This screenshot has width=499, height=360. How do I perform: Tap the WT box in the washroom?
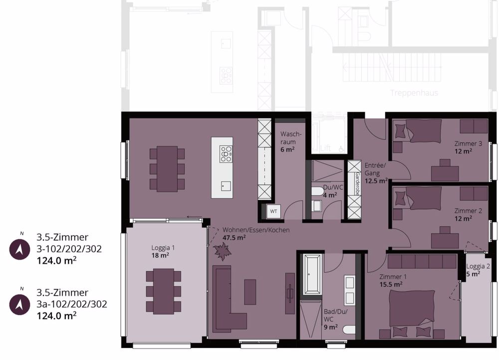pos(273,211)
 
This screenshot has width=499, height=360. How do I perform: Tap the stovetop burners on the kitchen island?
pos(226,154)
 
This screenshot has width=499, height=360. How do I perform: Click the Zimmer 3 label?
pos(468,144)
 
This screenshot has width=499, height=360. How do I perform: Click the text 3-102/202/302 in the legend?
pos(69,249)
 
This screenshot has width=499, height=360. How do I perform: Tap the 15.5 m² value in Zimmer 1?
pos(391,284)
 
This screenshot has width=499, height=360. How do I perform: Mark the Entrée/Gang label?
pos(375,169)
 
